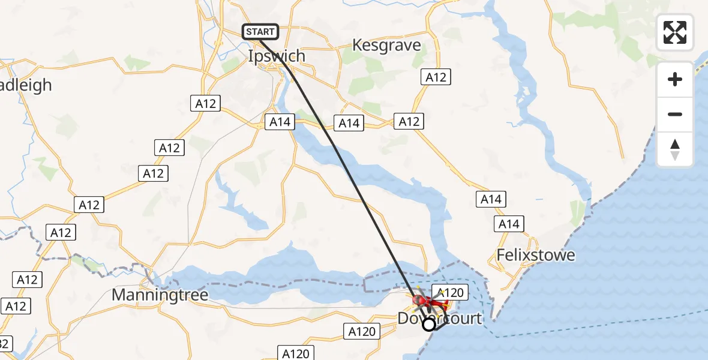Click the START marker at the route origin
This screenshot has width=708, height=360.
click(x=260, y=31)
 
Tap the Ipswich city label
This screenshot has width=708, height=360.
click(x=277, y=56)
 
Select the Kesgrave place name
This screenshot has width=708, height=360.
click(x=386, y=45)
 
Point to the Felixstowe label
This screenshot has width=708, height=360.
click(x=536, y=255)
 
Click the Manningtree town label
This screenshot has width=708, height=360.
click(x=160, y=295)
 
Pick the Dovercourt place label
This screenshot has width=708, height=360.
click(x=440, y=318)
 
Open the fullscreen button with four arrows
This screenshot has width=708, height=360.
click(x=675, y=32)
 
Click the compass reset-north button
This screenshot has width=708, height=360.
click(x=675, y=149)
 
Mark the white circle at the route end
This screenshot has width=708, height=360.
click(x=429, y=325)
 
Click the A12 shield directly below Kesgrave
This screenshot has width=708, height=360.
click(x=436, y=77)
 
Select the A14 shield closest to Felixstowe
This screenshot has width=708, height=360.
click(x=509, y=224)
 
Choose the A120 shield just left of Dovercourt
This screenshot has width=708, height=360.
click(x=362, y=331)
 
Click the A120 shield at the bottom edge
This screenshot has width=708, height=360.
click(x=296, y=353)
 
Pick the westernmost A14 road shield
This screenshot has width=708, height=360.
click(x=280, y=122)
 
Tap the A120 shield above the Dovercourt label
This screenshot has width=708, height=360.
click(x=449, y=293)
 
